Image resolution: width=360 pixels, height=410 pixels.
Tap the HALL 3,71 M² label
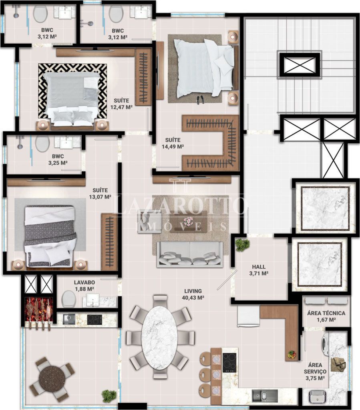(x=259, y=270)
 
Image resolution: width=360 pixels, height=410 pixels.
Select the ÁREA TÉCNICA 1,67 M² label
(x=326, y=316)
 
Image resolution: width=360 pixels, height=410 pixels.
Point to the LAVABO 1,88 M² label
(x=84, y=285)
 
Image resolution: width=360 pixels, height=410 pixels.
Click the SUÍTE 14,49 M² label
(x=173, y=143)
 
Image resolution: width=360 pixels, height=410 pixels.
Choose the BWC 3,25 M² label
(x=58, y=159)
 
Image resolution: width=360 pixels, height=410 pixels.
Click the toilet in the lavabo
(x=69, y=299)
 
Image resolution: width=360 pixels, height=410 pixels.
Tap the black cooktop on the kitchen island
(x=229, y=363)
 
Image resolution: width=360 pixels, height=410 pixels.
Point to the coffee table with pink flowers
(x=188, y=221)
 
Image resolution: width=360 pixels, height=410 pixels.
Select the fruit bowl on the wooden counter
(x=292, y=355)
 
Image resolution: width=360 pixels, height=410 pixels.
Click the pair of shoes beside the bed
(x=200, y=100)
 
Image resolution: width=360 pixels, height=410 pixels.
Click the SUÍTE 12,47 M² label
(x=121, y=104)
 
